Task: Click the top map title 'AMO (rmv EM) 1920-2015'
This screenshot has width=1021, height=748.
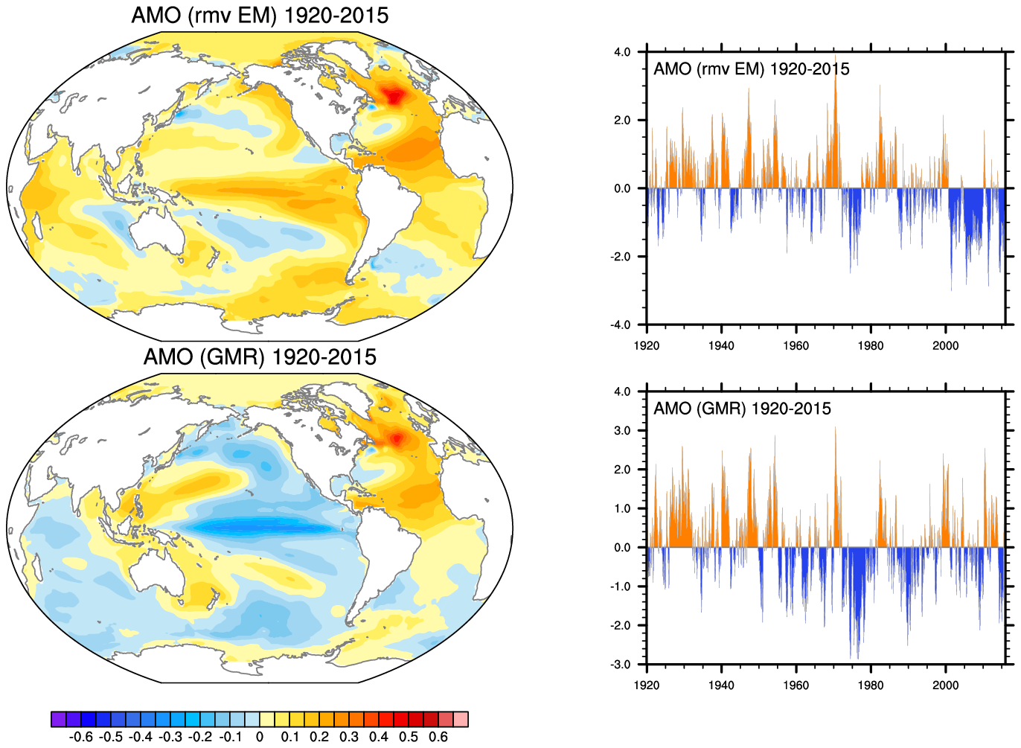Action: tap(260, 16)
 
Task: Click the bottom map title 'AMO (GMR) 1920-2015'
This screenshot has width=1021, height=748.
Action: tap(260, 357)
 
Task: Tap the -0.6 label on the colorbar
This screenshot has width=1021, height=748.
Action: tap(80, 737)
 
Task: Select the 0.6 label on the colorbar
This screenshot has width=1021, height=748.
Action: tap(439, 737)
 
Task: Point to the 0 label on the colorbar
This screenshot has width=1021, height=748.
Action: tap(259, 737)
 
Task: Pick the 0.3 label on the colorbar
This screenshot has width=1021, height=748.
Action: tap(349, 737)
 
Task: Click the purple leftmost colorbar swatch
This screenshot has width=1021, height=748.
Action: tap(58, 719)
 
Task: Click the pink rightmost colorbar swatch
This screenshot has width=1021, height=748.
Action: tap(461, 719)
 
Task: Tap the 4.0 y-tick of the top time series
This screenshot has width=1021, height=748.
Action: tap(622, 52)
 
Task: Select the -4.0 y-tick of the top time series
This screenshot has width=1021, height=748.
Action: tap(621, 325)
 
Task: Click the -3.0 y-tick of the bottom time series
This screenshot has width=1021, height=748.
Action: tap(621, 665)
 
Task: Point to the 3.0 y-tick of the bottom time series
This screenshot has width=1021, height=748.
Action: tap(622, 431)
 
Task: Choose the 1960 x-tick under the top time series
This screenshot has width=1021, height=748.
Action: tap(796, 345)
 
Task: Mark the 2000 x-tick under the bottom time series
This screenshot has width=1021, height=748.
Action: tap(945, 685)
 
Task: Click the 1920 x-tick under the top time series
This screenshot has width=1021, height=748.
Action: tap(646, 345)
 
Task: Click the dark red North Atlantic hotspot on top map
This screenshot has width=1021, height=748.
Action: tap(392, 95)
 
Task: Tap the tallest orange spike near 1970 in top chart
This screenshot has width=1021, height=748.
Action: tap(836, 63)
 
